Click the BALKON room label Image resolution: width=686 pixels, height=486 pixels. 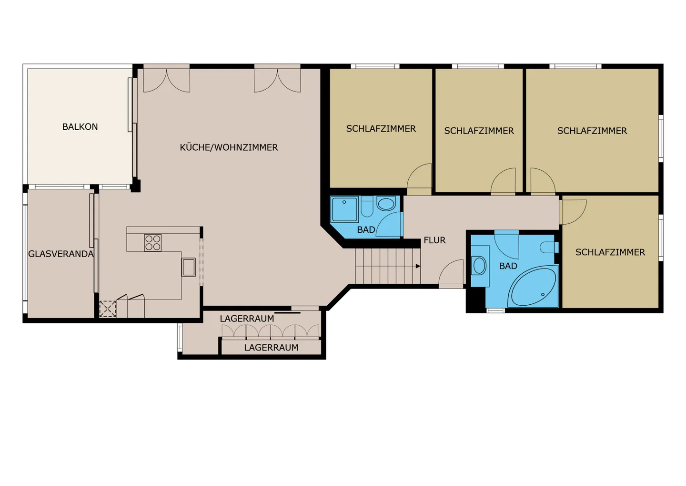click(x=80, y=127)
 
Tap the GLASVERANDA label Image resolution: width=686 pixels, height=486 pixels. click(x=61, y=254)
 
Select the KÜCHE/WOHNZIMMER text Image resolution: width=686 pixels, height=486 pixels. click(x=229, y=148)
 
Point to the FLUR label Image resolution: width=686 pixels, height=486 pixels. click(x=434, y=240)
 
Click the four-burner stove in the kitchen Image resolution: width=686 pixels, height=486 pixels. click(x=153, y=243)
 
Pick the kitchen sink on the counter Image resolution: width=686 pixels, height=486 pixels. click(x=189, y=267)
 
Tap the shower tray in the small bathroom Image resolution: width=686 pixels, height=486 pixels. click(x=344, y=209)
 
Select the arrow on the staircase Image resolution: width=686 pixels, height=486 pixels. click(x=418, y=266)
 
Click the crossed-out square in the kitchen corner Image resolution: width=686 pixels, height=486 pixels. click(x=108, y=309)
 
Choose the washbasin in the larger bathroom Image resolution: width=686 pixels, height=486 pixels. click(x=479, y=266)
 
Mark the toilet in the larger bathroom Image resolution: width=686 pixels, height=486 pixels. click(x=549, y=248)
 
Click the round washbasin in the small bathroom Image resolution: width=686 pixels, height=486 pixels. click(x=385, y=204)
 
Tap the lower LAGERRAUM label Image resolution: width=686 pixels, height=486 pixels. click(x=271, y=348)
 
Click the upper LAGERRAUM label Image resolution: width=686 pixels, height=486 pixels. click(x=247, y=319)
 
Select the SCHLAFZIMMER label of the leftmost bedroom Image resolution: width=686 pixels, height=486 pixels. click(x=381, y=129)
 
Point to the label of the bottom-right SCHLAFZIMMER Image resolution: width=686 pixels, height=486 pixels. click(x=610, y=252)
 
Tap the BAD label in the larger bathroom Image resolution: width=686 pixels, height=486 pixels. click(x=508, y=266)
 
